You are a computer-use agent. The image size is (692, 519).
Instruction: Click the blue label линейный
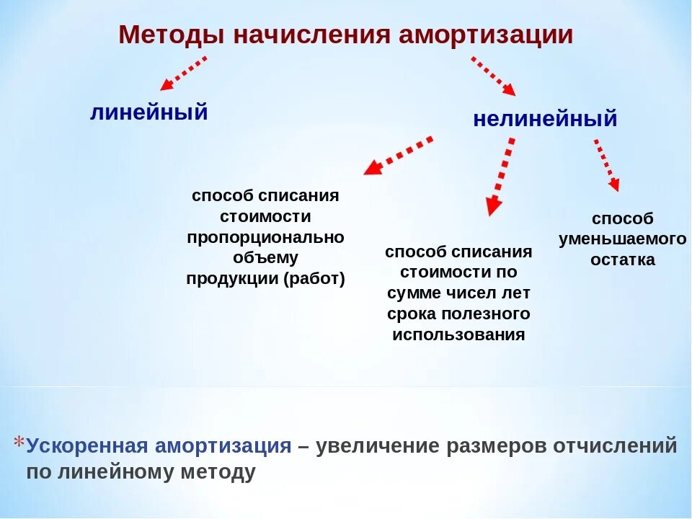(148, 112)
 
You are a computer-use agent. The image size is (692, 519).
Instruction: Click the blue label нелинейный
(545, 119)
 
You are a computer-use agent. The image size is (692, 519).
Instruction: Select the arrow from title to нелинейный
(494, 76)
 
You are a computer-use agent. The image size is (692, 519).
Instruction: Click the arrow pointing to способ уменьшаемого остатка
(607, 165)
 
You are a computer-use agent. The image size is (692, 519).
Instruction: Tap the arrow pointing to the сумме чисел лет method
(501, 177)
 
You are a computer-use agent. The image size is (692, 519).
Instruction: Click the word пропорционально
(265, 237)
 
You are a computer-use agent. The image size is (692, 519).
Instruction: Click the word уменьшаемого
(622, 239)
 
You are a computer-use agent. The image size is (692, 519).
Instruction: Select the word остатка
(623, 260)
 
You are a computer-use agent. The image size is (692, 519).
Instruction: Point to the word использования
(458, 335)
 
